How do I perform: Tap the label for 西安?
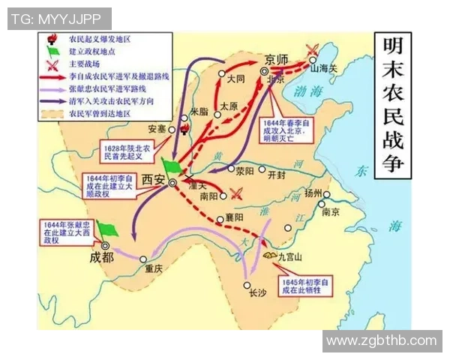(x=154, y=179)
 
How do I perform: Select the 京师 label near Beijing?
(x=276, y=61)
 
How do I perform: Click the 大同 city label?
(x=236, y=78)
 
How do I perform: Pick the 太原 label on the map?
(x=229, y=107)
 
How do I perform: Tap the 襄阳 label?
(x=235, y=217)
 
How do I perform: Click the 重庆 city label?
(x=154, y=269)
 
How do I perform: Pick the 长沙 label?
(x=257, y=294)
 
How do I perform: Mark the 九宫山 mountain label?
(x=289, y=256)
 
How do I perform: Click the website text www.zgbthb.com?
(x=382, y=340)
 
